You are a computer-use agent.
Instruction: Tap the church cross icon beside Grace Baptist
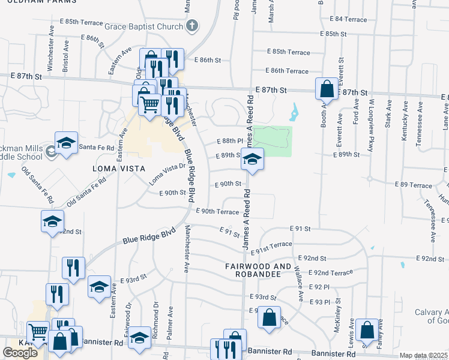[x=191, y=26]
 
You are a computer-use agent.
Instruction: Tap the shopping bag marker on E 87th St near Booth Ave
[x=327, y=89]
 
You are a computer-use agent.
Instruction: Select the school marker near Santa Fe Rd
[x=66, y=143]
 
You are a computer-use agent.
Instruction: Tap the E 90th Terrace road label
[x=217, y=212]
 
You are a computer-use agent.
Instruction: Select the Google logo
[x=20, y=353]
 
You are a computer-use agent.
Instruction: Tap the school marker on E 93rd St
[x=99, y=287]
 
